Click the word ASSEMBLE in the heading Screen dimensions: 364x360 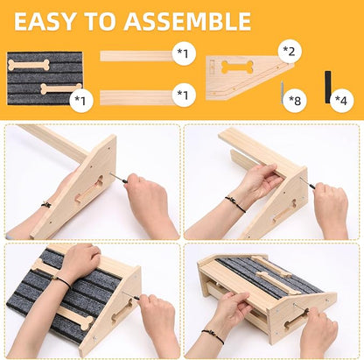pyautogui.click(x=187, y=22)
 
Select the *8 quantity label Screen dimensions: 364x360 pyautogui.click(x=295, y=101)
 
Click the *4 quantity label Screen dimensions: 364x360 pyautogui.click(x=340, y=100)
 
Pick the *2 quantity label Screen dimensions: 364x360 pyautogui.click(x=289, y=52)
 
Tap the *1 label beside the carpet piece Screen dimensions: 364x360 pyautogui.click(x=81, y=101)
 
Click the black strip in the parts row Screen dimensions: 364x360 pyautogui.click(x=328, y=87)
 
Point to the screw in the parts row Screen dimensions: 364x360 pyautogui.click(x=283, y=92)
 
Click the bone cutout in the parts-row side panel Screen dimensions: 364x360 pyautogui.click(x=237, y=67)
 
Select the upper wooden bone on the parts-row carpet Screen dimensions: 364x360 pyautogui.click(x=29, y=65)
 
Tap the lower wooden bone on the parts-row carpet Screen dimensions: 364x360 pyautogui.click(x=61, y=88)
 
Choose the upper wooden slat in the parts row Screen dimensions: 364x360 pyautogui.click(x=136, y=56)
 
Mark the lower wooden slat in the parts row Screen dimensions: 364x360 pyautogui.click(x=136, y=97)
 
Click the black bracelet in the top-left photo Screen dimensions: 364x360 pyautogui.click(x=46, y=204)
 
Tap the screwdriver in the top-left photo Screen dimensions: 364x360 pyautogui.click(x=120, y=178)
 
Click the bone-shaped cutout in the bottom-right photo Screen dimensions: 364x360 pyautogui.click(x=297, y=320)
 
